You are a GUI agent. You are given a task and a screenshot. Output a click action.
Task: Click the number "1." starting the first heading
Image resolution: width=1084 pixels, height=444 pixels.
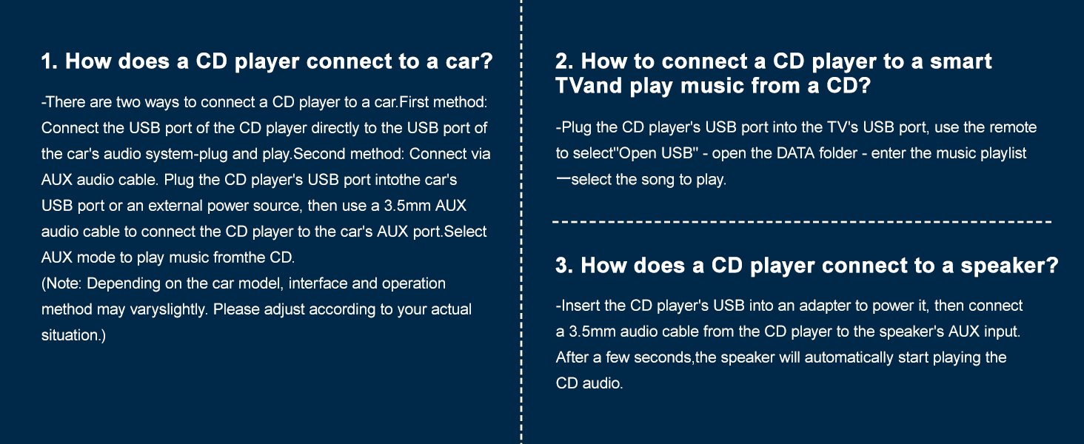(x=50, y=61)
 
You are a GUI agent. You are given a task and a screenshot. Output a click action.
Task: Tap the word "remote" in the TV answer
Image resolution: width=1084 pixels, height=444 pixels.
(x=1012, y=128)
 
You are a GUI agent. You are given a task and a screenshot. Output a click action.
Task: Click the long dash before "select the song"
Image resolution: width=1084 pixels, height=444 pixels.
(x=563, y=178)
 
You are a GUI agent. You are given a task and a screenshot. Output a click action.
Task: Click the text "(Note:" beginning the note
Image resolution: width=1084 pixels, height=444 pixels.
(x=61, y=283)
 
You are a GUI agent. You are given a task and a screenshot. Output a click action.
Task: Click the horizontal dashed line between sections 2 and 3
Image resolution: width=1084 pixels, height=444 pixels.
(x=802, y=222)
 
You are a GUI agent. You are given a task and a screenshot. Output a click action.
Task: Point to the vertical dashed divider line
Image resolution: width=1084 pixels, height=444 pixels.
(x=522, y=222)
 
